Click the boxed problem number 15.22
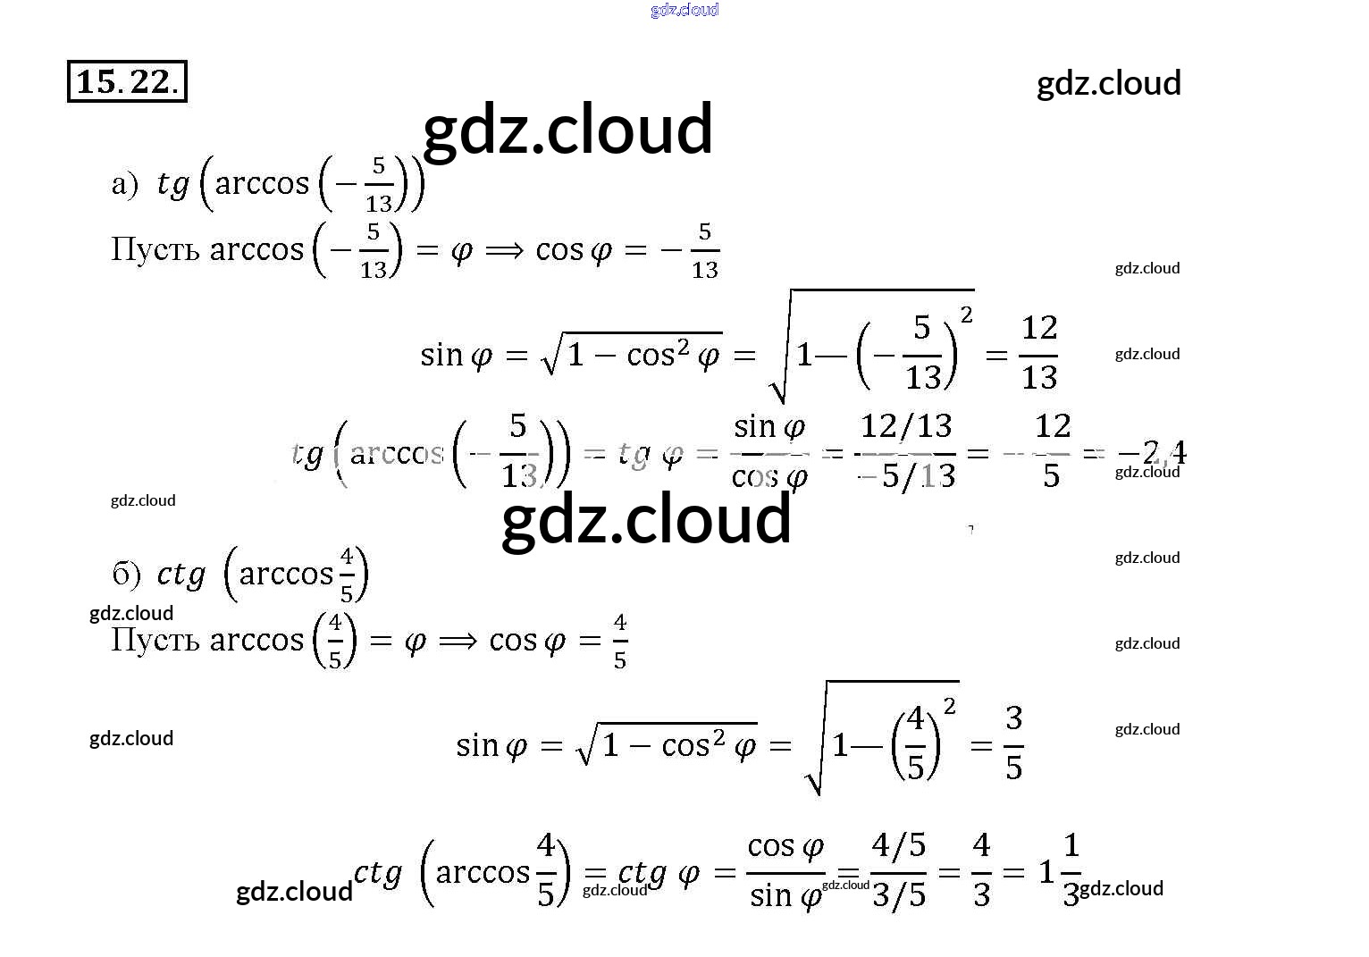(127, 81)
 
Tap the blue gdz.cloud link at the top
(684, 10)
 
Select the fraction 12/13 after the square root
(1038, 352)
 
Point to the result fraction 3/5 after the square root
(1013, 743)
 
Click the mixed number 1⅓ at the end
(1061, 869)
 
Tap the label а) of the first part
(124, 184)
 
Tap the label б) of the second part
(126, 575)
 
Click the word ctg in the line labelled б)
(181, 575)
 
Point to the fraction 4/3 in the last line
(981, 869)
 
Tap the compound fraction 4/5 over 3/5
(898, 869)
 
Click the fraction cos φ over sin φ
(785, 869)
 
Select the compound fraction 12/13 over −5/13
(906, 451)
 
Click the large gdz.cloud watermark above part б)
(646, 520)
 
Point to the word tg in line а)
(172, 184)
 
